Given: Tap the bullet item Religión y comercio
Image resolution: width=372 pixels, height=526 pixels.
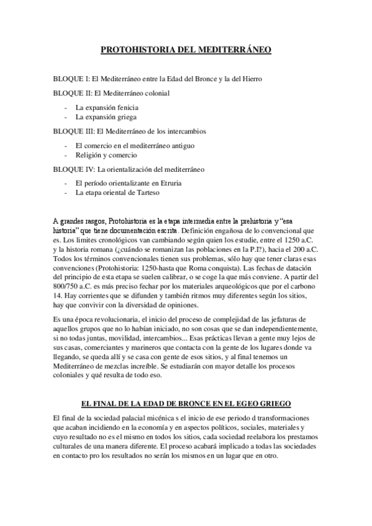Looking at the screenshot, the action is point(107,155).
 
